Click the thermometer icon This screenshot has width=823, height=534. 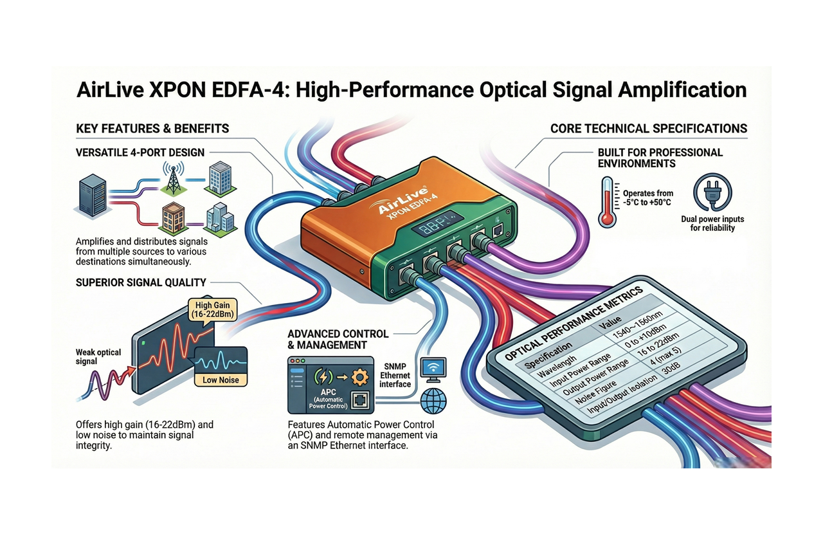tap(606, 201)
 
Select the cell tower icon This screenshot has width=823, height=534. tap(172, 178)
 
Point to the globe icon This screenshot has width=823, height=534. tap(433, 401)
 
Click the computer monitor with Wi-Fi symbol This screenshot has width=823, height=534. tap(433, 369)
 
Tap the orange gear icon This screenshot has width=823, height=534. tap(361, 376)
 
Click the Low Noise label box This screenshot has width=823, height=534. tap(221, 380)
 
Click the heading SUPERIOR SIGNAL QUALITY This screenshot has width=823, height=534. tap(141, 282)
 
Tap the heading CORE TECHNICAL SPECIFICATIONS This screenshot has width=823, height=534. tap(649, 129)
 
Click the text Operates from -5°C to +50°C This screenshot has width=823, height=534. tap(647, 198)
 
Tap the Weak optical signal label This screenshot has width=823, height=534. tap(98, 356)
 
